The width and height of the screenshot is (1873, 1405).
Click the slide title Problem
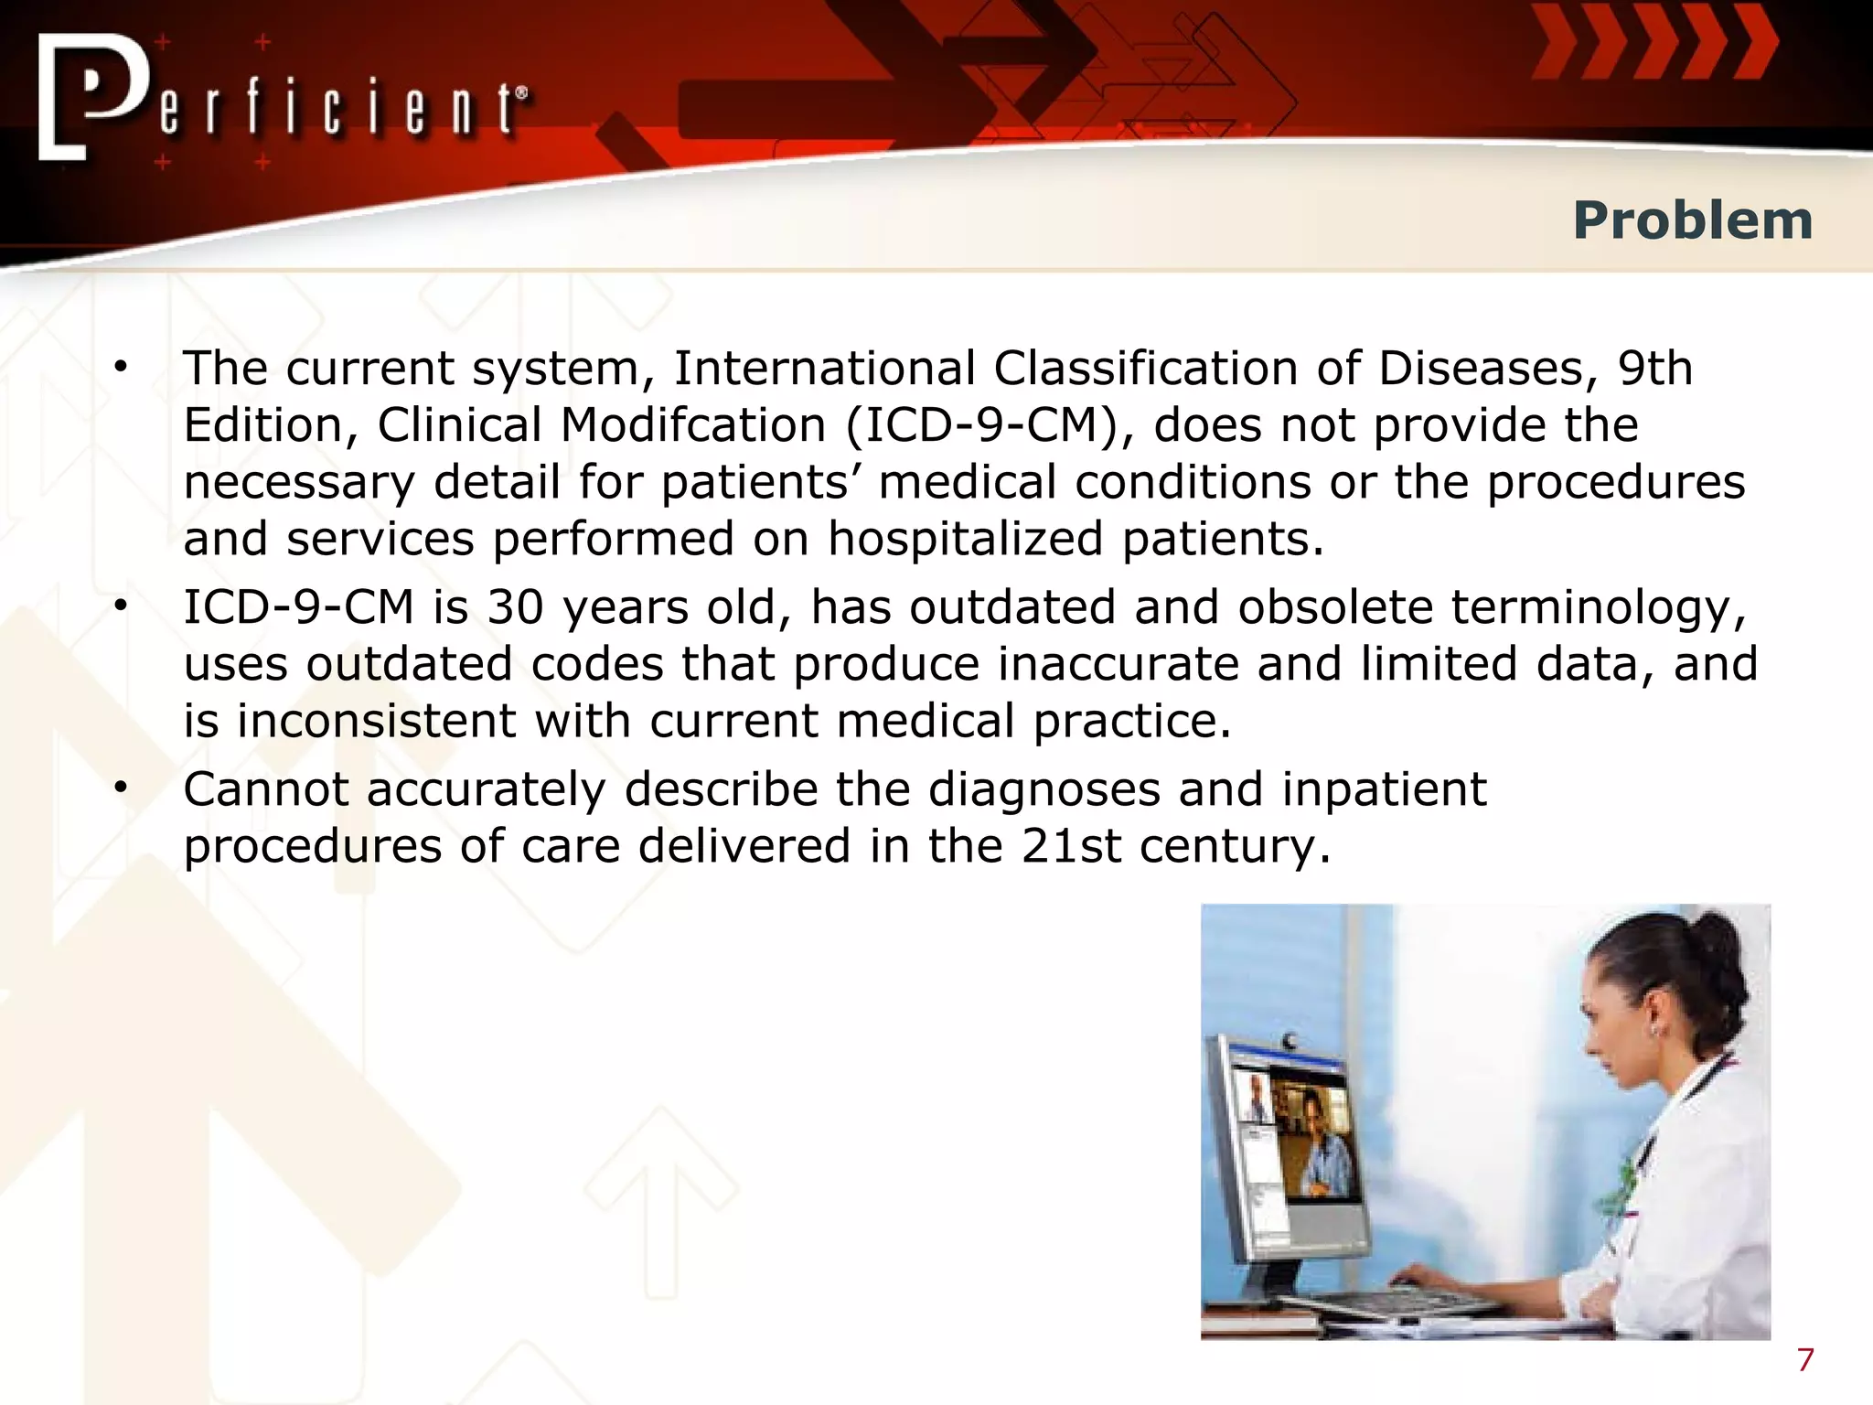(1692, 221)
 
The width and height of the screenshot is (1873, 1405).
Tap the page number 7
(1804, 1360)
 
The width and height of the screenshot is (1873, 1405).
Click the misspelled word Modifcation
(692, 425)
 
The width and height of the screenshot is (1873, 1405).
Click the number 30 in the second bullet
(515, 607)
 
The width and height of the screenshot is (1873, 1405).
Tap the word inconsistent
(377, 721)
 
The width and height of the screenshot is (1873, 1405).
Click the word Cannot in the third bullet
(266, 789)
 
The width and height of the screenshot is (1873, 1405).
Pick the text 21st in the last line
(1070, 846)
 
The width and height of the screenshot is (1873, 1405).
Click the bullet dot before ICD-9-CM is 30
(121, 606)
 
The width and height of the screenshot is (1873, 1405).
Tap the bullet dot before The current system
(121, 368)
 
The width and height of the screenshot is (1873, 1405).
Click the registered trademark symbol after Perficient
(522, 92)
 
